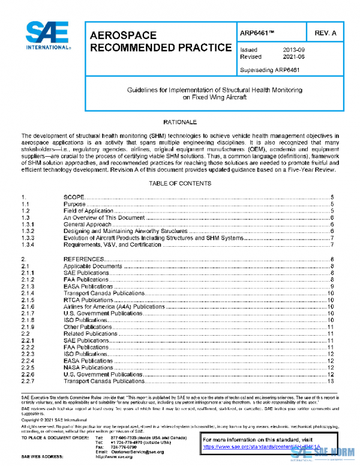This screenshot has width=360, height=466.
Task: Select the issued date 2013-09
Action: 293,49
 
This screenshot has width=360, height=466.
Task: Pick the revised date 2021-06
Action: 293,56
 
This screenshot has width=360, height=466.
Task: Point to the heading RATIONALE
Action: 180,122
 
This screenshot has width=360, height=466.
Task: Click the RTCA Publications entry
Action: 88,300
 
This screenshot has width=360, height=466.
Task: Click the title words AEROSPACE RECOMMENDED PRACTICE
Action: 160,41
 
